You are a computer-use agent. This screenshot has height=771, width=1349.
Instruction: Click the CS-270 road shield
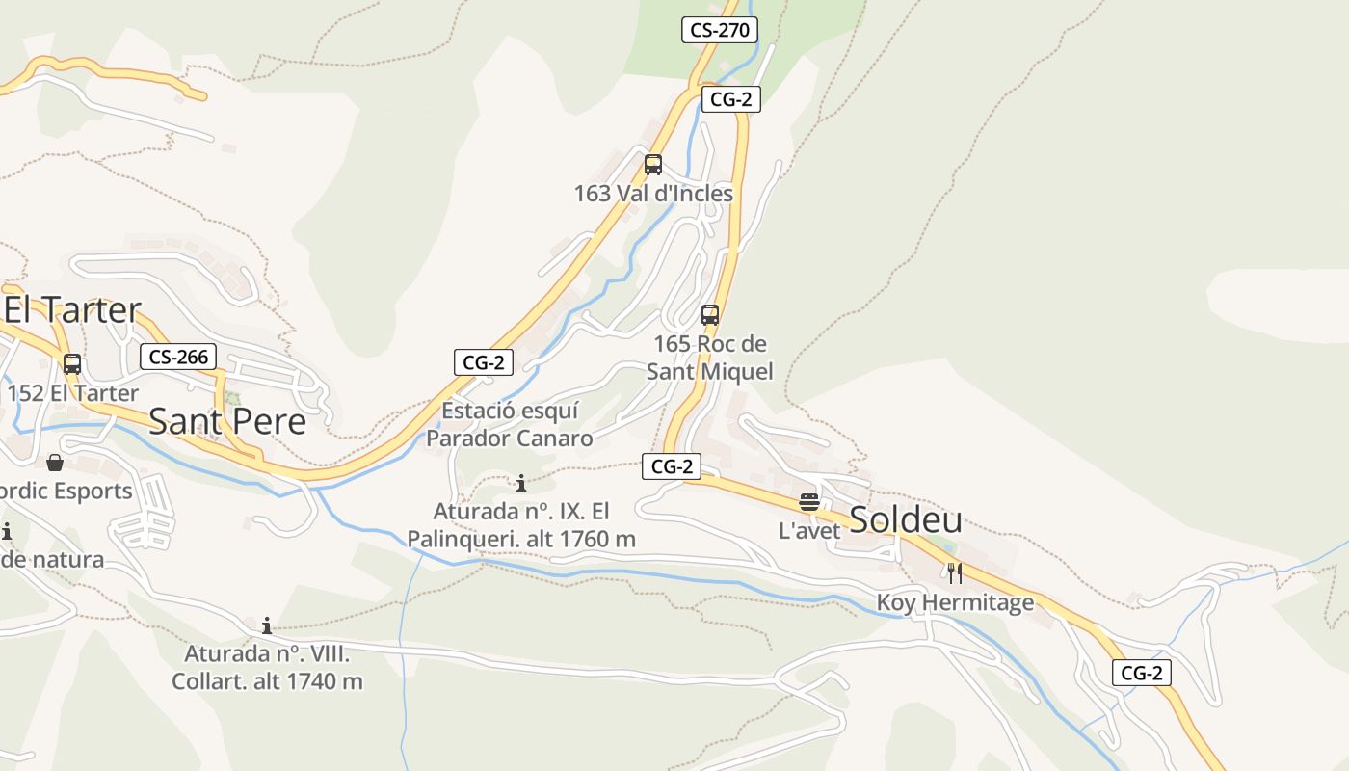tap(720, 30)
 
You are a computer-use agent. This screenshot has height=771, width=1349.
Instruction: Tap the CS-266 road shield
tap(179, 357)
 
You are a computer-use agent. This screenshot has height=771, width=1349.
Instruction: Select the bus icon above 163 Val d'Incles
tap(653, 165)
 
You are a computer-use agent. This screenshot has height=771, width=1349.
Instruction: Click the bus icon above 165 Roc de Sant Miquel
tap(710, 315)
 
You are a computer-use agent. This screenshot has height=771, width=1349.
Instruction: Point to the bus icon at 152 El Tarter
tap(72, 364)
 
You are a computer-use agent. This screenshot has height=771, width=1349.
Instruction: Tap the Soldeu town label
tap(906, 520)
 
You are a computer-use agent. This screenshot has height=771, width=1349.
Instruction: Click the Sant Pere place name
tap(227, 421)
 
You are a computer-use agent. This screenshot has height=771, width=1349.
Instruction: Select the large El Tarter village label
tap(73, 310)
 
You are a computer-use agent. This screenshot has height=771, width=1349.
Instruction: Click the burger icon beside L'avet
tap(809, 502)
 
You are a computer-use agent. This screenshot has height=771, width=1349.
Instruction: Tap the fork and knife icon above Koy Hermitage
tap(955, 573)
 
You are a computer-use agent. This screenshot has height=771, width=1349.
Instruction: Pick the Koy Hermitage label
tap(955, 603)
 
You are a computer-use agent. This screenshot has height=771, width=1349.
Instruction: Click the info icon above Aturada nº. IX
tap(521, 483)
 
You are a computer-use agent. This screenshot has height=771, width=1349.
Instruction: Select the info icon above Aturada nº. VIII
tap(267, 625)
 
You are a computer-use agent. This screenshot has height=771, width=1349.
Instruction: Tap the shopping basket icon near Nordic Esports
tap(55, 464)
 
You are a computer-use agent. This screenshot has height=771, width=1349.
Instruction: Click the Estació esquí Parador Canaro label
tap(510, 425)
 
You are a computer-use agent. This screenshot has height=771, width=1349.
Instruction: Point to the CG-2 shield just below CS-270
tap(730, 99)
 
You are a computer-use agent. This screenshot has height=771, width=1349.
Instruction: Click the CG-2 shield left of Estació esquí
tap(484, 362)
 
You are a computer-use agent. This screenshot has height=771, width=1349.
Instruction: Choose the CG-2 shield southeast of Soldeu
tap(1142, 673)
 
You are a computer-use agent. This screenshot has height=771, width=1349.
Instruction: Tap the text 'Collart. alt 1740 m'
tap(267, 681)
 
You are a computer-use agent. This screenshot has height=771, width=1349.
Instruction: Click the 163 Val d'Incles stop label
tap(653, 194)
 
